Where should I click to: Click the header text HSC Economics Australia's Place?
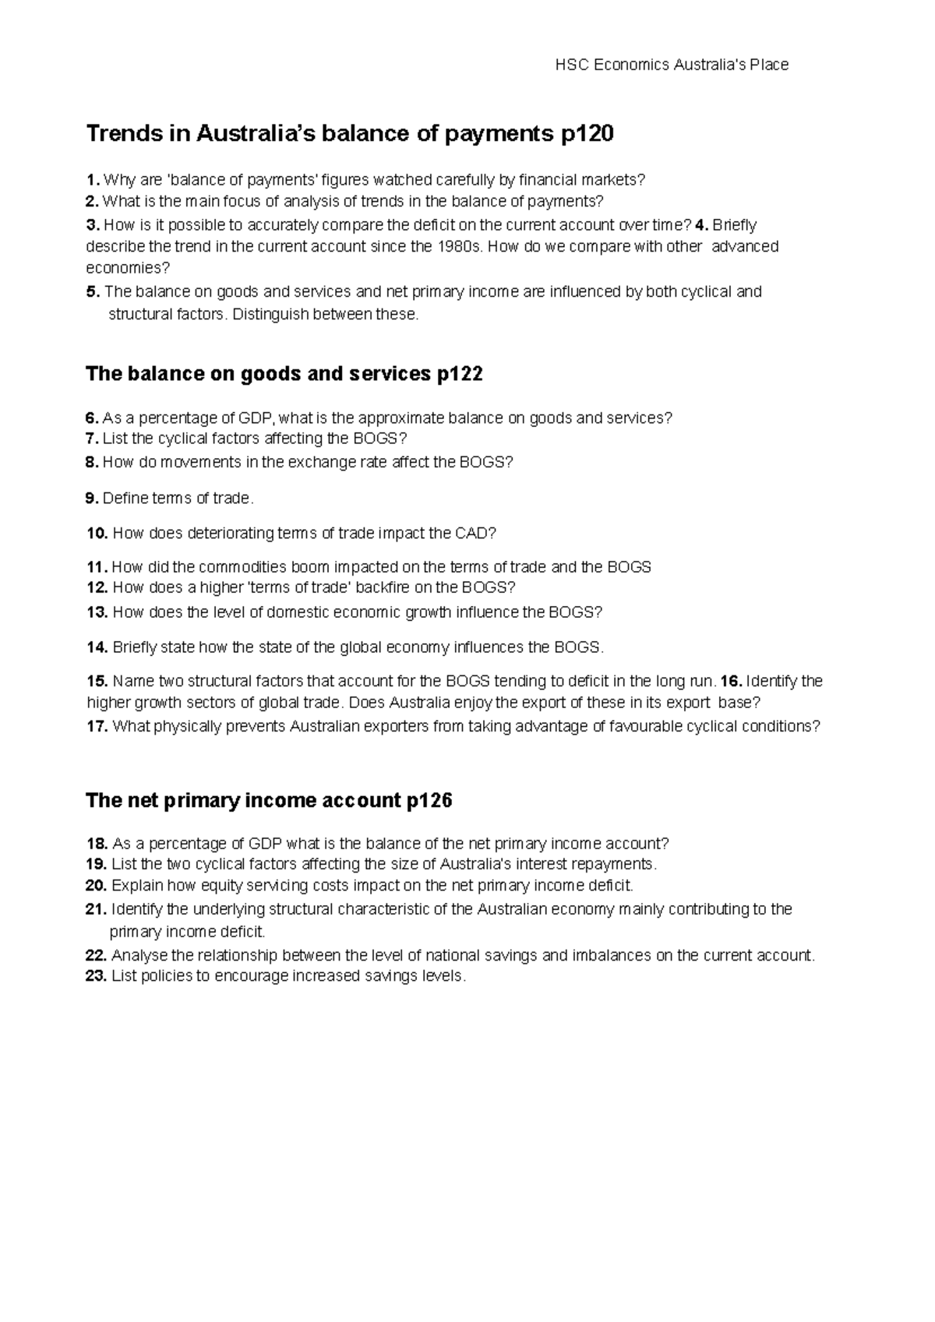point(672,65)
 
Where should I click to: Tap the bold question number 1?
point(92,181)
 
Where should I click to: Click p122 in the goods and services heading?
point(459,375)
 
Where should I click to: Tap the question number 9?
point(92,498)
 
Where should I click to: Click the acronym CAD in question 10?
point(475,534)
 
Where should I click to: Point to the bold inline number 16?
point(732,682)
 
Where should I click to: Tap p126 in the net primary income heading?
point(429,801)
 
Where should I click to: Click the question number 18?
point(97,844)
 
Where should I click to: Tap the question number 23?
point(97,977)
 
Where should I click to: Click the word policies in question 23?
point(165,977)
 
